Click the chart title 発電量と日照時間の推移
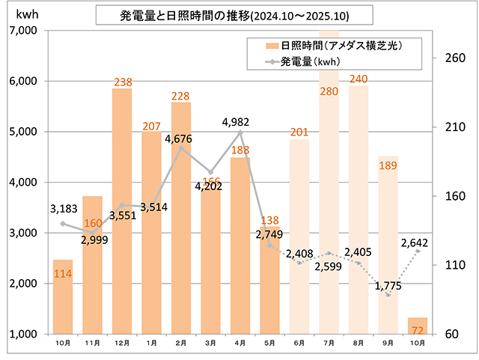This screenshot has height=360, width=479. point(225,15)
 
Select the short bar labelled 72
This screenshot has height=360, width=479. point(417,326)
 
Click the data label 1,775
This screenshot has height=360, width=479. point(388,285)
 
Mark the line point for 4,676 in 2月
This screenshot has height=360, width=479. point(181,147)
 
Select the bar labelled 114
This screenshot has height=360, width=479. point(63,296)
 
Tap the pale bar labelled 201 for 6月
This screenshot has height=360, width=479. point(299,236)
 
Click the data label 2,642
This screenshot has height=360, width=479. point(414,242)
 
